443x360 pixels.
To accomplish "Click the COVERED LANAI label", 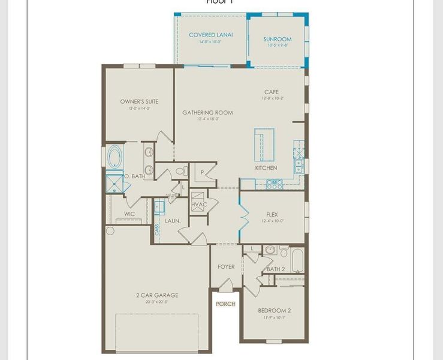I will click(x=211, y=35).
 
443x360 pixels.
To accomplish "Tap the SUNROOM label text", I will click(x=278, y=40).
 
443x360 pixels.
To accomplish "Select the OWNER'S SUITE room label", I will click(x=139, y=102).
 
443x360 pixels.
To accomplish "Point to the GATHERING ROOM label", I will click(x=207, y=113).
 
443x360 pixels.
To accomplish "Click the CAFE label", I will click(x=272, y=92).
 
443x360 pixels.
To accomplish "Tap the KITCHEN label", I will click(x=266, y=168).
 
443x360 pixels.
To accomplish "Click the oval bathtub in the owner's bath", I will click(x=114, y=157).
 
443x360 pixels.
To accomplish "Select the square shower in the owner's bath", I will click(x=114, y=182).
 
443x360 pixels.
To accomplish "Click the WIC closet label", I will click(x=129, y=214).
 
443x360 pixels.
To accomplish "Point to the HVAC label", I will click(x=199, y=205).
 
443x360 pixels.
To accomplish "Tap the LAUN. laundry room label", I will click(x=173, y=221).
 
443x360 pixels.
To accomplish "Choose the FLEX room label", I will click(x=272, y=214).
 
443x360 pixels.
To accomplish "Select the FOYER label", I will click(x=226, y=267).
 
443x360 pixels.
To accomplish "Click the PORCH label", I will click(x=226, y=304).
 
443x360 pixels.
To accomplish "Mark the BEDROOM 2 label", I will click(x=274, y=310).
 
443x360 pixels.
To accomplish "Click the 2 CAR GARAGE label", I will click(x=156, y=295).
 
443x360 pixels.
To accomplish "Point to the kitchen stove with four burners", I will click(x=273, y=184).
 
